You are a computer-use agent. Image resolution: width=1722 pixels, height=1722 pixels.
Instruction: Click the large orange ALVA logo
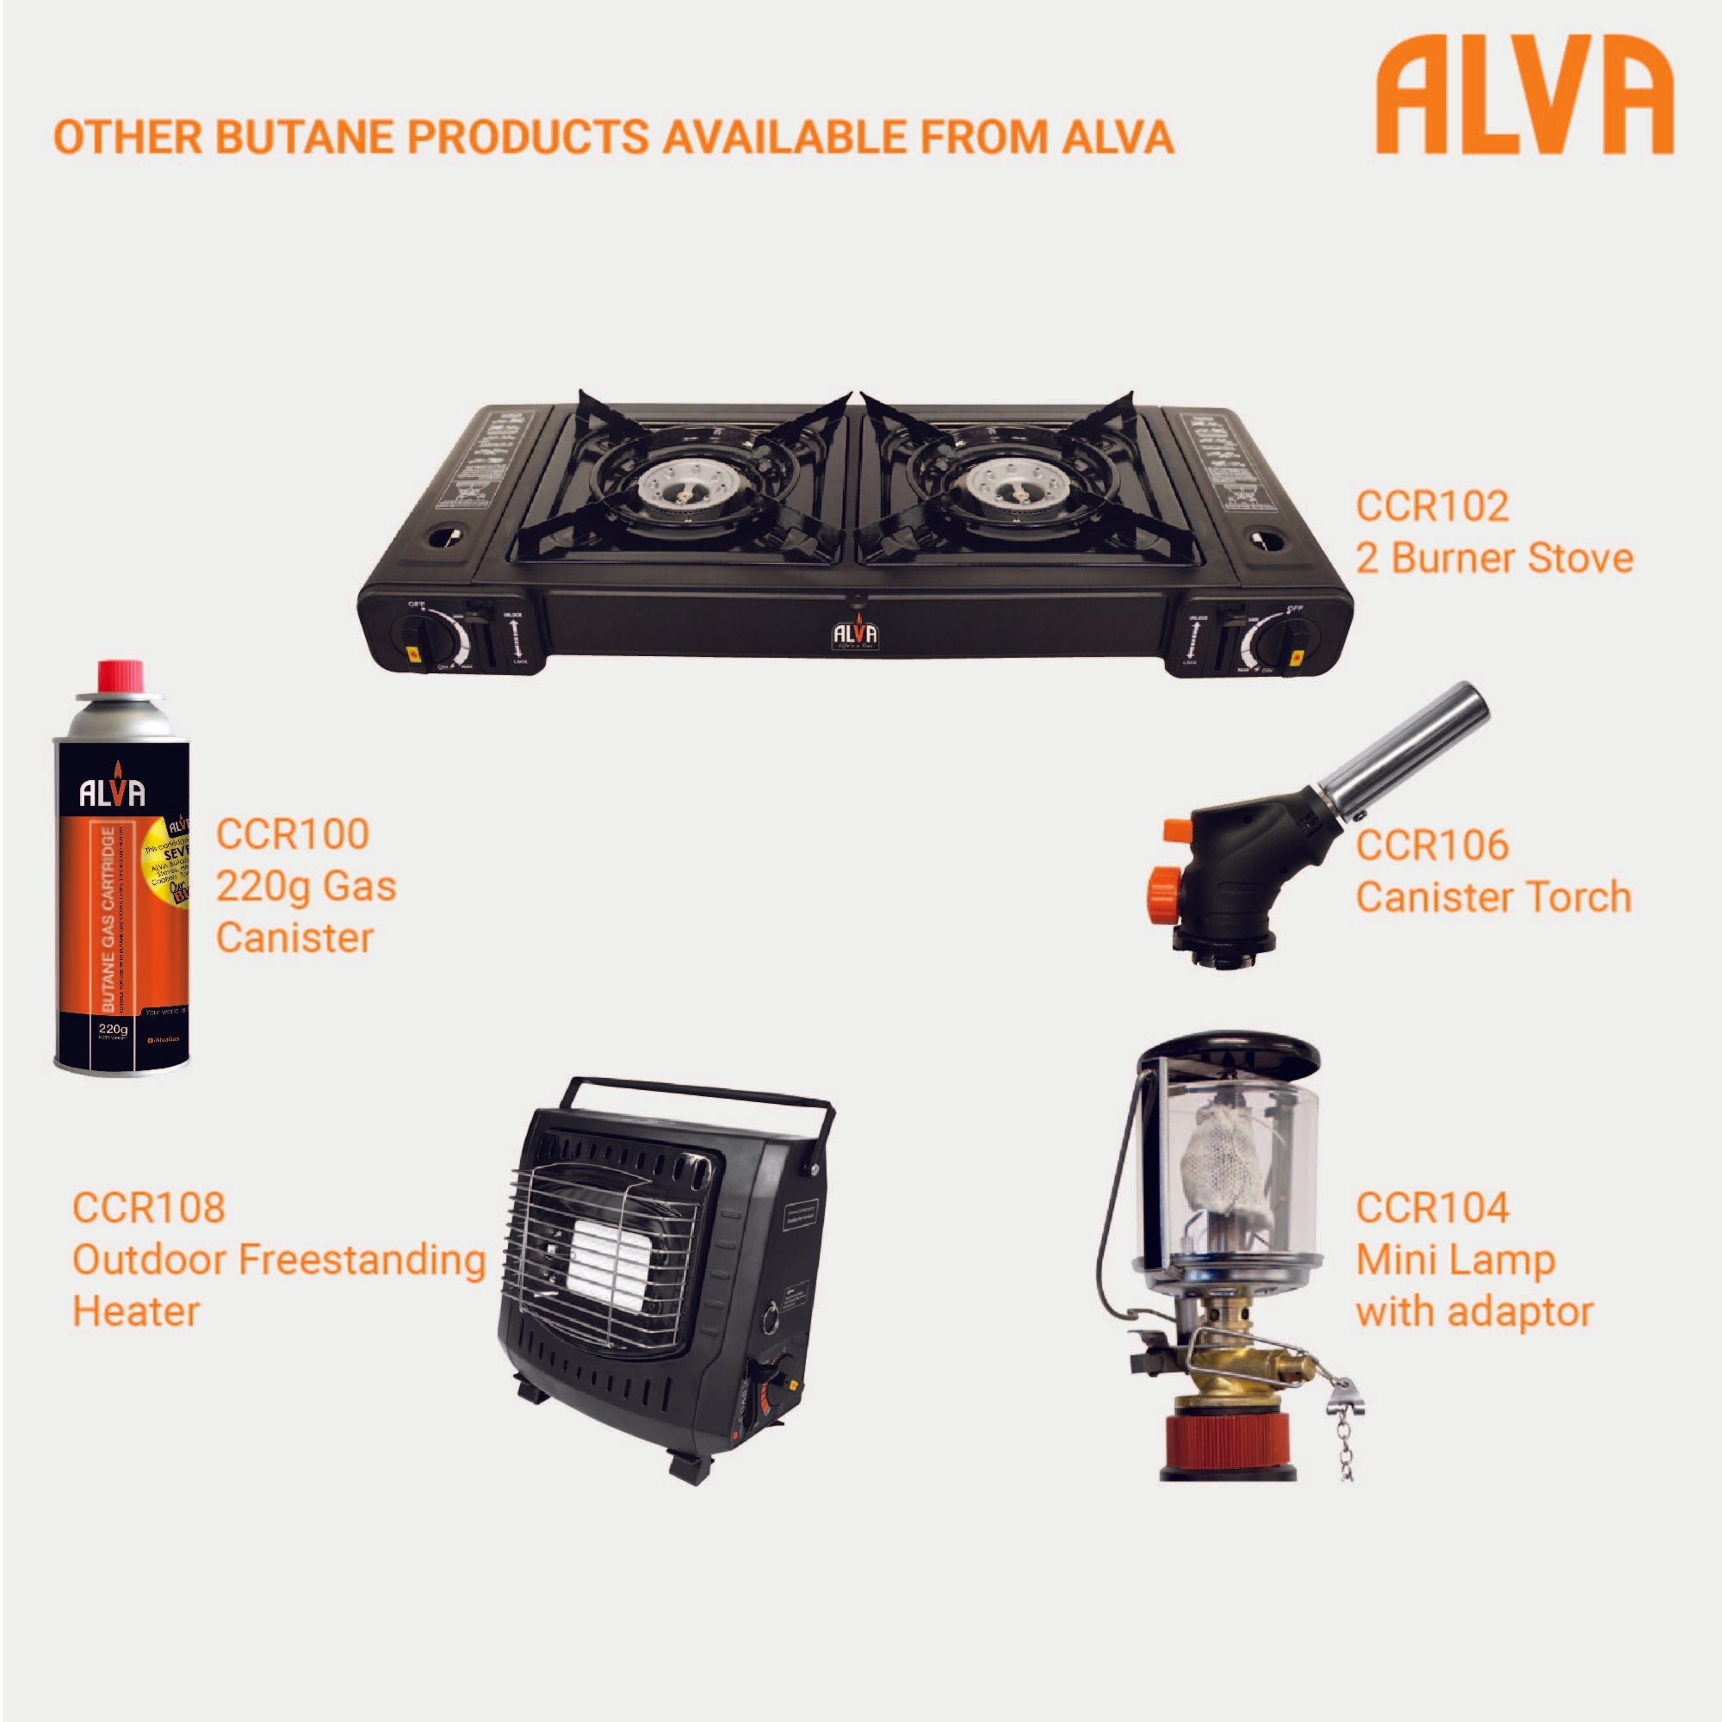[1524, 96]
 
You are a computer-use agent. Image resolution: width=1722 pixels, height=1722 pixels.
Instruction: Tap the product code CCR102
[1433, 506]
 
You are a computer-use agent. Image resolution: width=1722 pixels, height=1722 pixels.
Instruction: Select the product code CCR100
[293, 834]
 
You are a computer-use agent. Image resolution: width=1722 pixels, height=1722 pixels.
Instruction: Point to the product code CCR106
[1433, 845]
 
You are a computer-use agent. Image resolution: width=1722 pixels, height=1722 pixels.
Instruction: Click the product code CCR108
[149, 1208]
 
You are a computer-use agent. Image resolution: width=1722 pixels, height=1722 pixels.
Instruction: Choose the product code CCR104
[1433, 1209]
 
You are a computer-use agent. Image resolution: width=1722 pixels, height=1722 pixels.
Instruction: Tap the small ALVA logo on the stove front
[856, 633]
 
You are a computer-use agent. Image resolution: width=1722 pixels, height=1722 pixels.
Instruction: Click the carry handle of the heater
[704, 1096]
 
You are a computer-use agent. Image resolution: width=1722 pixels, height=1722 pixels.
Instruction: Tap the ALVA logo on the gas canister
[113, 792]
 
